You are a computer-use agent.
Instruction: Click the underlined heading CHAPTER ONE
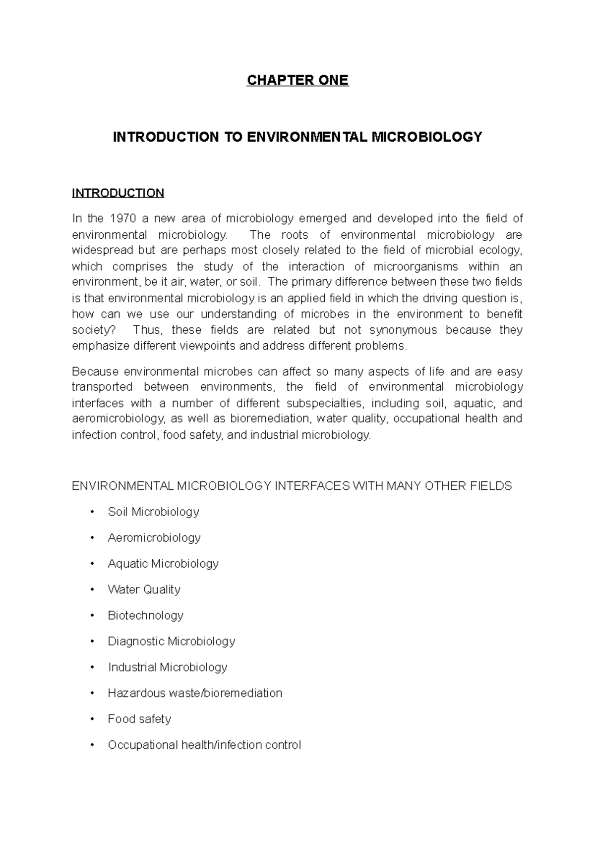tap(297, 80)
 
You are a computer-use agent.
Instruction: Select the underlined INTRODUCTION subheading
tap(118, 193)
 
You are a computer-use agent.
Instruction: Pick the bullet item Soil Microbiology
tap(153, 512)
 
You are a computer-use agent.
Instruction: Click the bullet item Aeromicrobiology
tap(154, 537)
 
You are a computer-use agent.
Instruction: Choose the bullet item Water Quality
tap(144, 589)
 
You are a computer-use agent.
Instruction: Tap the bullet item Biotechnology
tap(145, 615)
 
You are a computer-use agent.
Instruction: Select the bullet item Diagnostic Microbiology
tap(171, 641)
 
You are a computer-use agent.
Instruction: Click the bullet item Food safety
tap(139, 719)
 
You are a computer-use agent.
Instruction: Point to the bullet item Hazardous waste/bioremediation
tap(195, 693)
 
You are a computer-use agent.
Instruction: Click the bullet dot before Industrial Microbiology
tap(93, 668)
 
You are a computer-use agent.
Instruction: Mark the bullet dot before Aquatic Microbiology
tap(93, 564)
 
